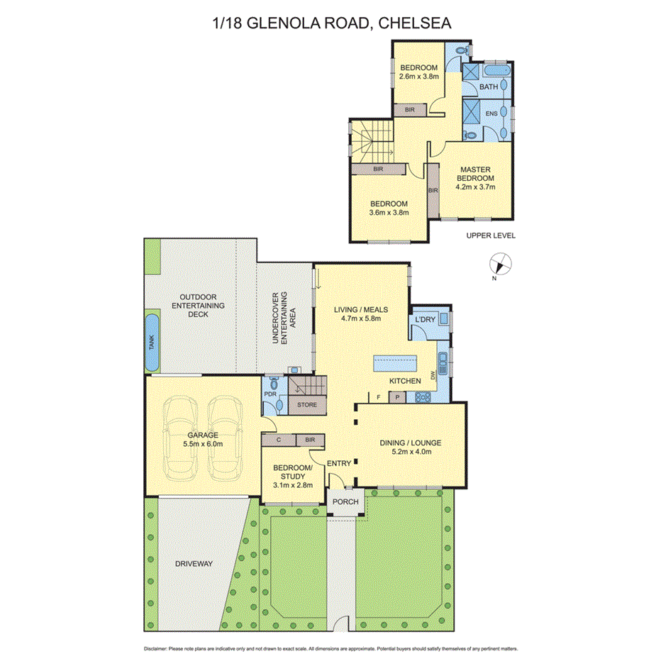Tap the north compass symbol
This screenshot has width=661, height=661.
point(501,264)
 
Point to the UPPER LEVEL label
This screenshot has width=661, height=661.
point(491,235)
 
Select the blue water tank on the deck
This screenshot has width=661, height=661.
point(151,343)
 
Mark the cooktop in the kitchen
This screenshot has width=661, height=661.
point(421,397)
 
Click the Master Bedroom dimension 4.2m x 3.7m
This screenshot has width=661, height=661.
point(474,188)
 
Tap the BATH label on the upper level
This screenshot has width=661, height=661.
point(489,87)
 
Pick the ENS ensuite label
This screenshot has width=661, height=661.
point(491,113)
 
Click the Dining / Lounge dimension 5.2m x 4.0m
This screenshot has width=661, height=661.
point(411,452)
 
